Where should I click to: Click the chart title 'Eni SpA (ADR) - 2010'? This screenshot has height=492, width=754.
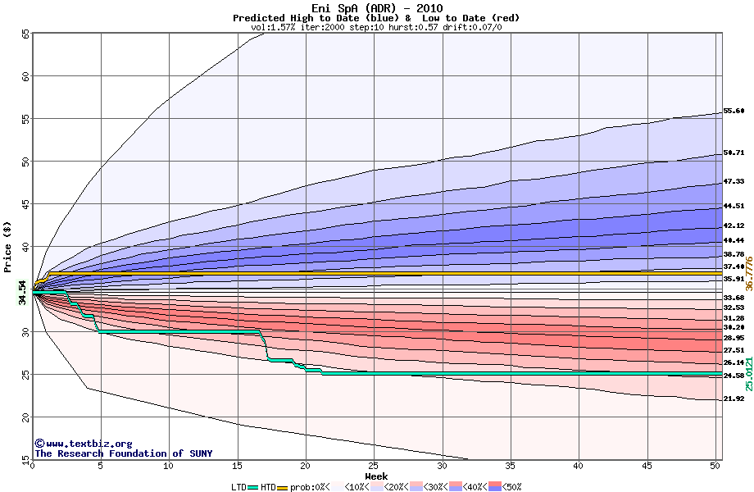coord(376,9)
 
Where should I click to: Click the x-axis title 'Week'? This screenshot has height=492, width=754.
coord(376,476)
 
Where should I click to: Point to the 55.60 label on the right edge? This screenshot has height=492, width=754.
coord(734,111)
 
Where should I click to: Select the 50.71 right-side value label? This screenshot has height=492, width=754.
coord(734,153)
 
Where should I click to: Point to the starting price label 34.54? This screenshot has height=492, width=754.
coord(23,292)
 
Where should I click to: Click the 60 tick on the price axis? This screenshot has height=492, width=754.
coord(25,76)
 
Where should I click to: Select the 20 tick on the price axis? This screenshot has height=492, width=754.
coord(25,417)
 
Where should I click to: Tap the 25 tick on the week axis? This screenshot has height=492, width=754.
coord(374,466)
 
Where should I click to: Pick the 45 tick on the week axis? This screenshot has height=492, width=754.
coord(647,466)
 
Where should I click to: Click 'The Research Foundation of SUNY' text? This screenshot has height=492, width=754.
coord(123,453)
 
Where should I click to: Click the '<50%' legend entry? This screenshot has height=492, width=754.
coord(510,487)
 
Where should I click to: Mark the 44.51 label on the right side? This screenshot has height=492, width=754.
coord(734,206)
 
